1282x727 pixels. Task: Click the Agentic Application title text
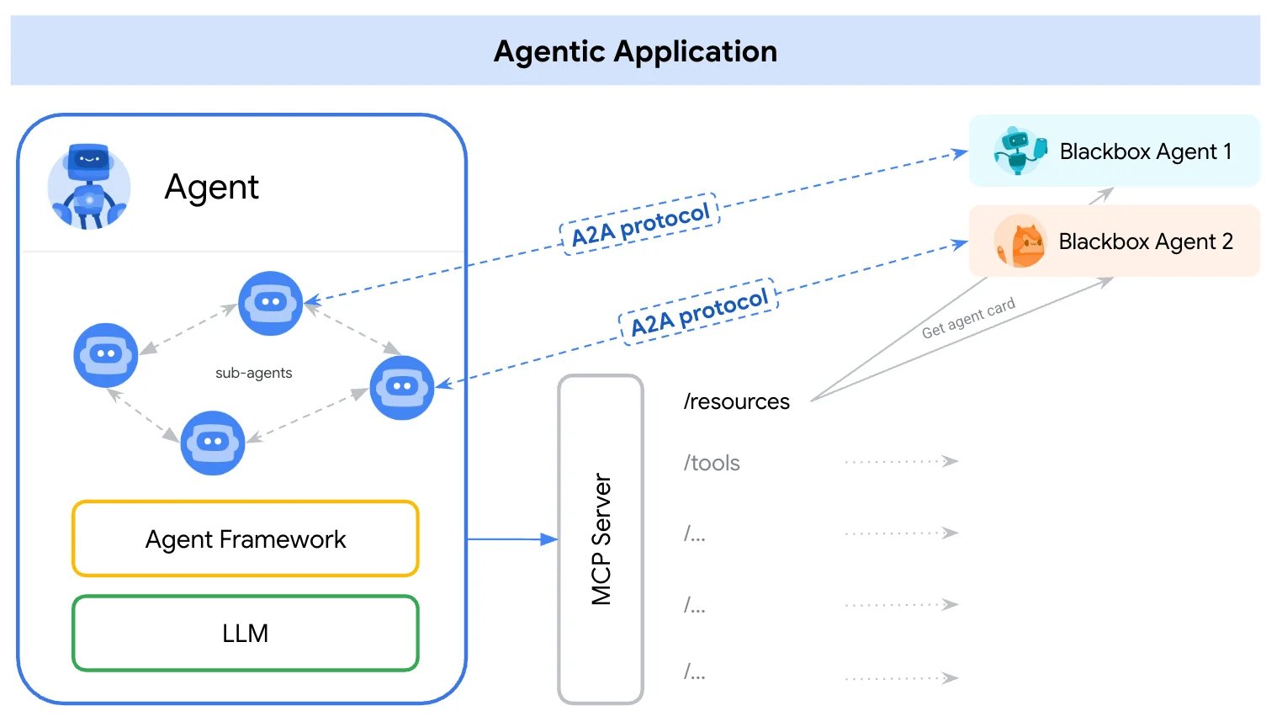point(635,51)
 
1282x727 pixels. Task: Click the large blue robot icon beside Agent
point(89,187)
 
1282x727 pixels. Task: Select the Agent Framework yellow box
point(246,539)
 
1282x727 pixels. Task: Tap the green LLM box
point(246,633)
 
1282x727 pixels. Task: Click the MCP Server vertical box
point(601,539)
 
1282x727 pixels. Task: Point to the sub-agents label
point(253,373)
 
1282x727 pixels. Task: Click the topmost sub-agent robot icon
point(270,303)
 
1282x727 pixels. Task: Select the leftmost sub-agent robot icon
point(105,355)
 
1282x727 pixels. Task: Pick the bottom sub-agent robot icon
point(213,443)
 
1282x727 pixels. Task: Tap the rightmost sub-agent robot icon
point(401,387)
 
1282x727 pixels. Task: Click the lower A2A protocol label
point(699,312)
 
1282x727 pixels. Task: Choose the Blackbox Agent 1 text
point(1145,151)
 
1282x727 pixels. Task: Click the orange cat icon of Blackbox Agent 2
point(1020,241)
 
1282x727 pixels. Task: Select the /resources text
point(736,401)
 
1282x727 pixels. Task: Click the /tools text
point(712,463)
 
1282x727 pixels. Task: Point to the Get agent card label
point(968,318)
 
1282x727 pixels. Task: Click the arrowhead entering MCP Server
point(549,539)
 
